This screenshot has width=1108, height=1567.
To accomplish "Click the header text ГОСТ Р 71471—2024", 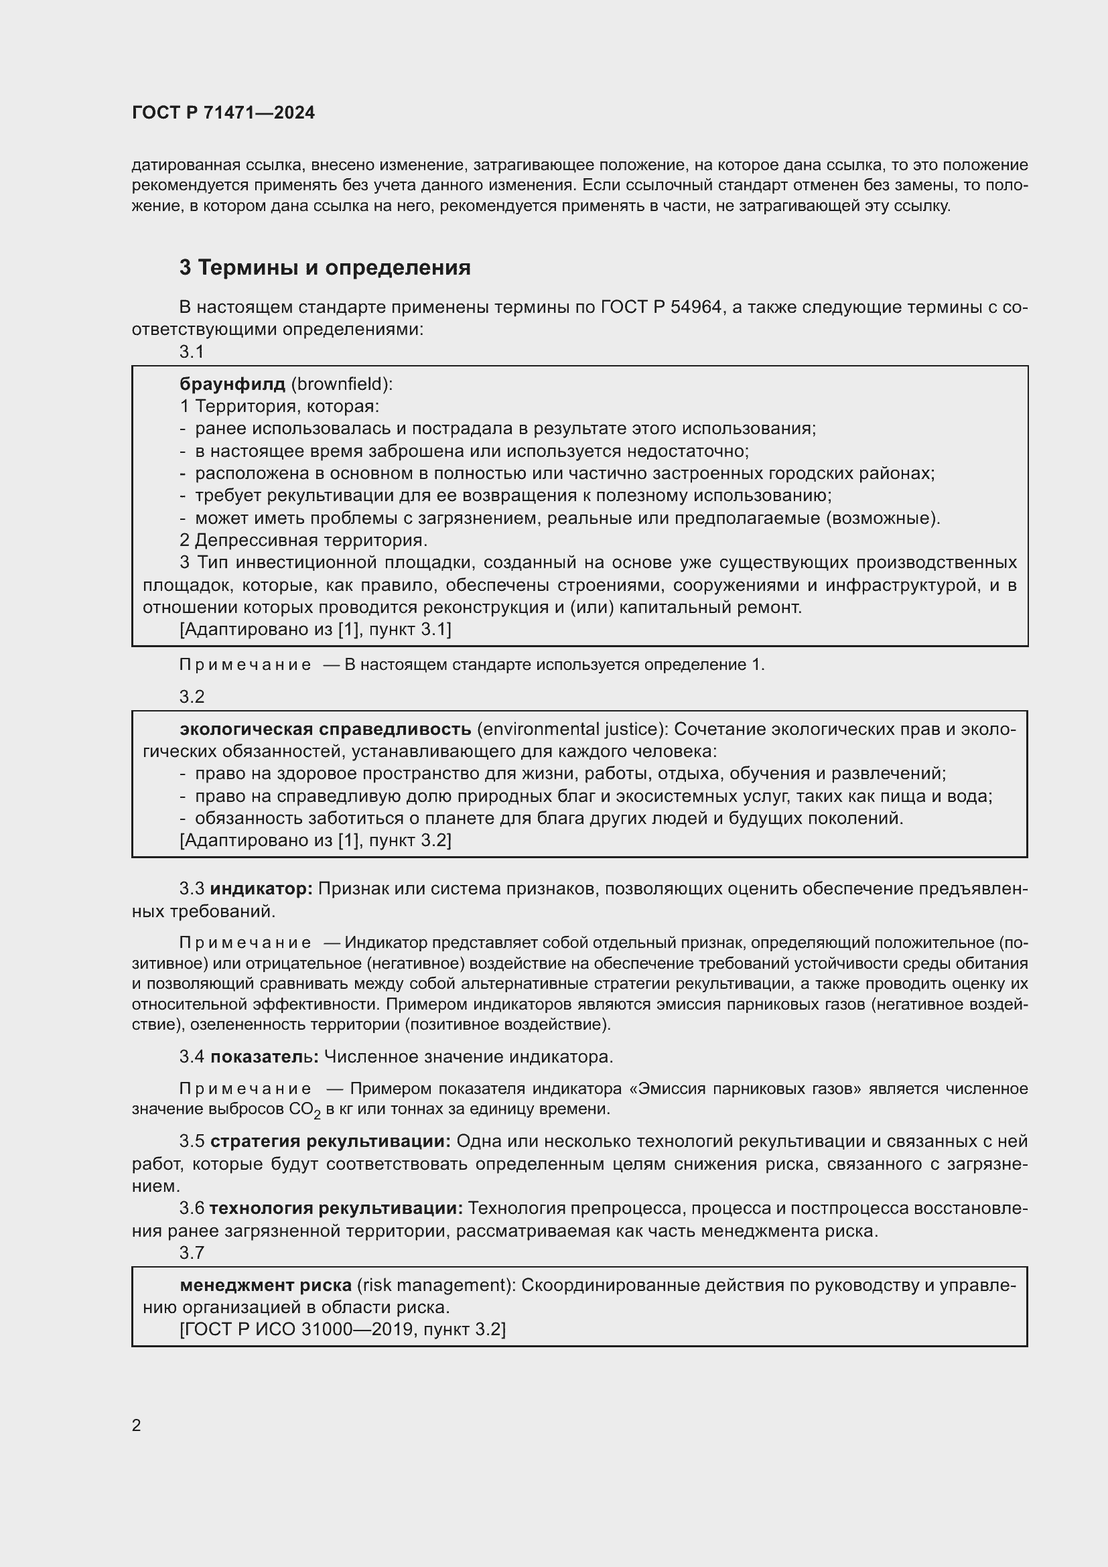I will point(223,113).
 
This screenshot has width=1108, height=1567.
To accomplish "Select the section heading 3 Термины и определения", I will point(325,267).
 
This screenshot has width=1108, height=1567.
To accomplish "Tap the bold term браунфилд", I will point(232,385).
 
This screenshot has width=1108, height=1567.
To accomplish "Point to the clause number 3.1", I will point(192,352).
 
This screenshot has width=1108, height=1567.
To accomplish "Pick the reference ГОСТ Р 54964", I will point(661,307).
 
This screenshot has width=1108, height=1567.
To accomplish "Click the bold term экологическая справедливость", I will point(326,729).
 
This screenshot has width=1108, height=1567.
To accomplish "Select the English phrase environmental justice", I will point(569,729).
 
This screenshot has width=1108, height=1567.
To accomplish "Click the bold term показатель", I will point(264,1057).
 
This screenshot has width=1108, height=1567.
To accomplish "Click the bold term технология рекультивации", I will point(336,1207).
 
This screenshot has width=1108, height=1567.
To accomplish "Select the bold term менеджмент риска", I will point(265,1285).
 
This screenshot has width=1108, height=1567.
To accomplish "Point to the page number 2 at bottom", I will point(137,1425).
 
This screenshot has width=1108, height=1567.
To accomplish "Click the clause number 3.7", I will point(192,1251).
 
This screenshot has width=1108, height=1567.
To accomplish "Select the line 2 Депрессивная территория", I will point(303,541).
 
